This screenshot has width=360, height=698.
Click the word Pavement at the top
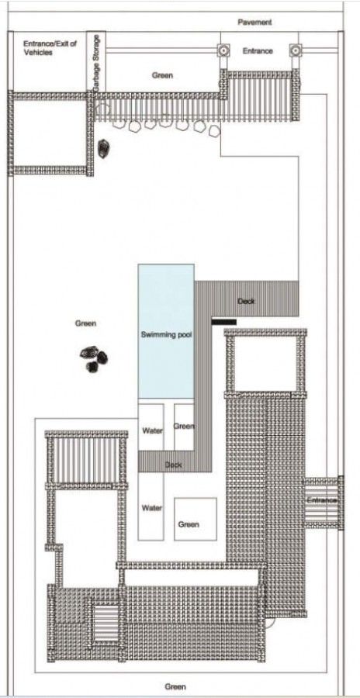[x=254, y=22]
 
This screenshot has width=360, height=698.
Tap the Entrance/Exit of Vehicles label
[x=50, y=48]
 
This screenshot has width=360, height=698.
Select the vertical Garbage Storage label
[x=97, y=66]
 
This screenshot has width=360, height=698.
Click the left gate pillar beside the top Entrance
[x=223, y=51]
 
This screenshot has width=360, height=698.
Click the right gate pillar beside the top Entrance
[x=295, y=51]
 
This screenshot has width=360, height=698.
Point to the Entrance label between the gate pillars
[x=258, y=51]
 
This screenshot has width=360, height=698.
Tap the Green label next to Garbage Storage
[x=162, y=75]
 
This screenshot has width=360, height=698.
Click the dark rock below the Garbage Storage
[x=105, y=146]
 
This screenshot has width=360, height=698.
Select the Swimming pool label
[x=166, y=335]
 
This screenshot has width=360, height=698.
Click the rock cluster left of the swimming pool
[x=95, y=358]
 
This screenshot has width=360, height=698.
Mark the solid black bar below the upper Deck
[x=223, y=320]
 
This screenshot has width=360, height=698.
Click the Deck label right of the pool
[x=245, y=301]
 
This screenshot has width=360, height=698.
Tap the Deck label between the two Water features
[x=174, y=465]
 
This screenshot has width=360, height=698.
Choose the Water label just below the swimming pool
[x=151, y=430]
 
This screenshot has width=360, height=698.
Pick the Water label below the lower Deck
[x=151, y=508]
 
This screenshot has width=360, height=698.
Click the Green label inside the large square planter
[x=189, y=524]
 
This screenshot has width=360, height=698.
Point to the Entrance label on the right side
[x=321, y=500]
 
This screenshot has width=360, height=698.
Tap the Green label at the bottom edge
[x=175, y=686]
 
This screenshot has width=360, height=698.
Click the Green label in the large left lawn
[x=85, y=323]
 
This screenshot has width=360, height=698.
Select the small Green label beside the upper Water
[x=184, y=427]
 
